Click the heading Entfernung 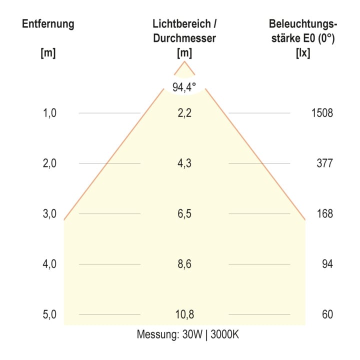48,24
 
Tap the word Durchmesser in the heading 184,38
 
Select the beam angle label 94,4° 184,87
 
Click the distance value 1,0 49,113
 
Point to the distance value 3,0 49,214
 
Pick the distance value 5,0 49,314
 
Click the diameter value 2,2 184,113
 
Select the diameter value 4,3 184,163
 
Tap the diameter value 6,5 184,214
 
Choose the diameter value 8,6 184,264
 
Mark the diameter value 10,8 184,314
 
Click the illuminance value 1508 322,113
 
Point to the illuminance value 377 324,163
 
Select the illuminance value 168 325,214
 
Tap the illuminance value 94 327,264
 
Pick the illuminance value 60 327,314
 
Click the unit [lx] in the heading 303,53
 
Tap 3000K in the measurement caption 225,334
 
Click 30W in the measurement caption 192,334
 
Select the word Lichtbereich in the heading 182,24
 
